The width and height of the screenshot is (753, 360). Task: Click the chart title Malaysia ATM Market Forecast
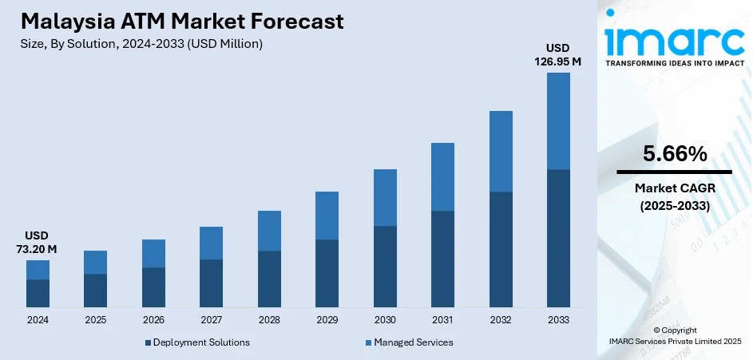tap(183, 21)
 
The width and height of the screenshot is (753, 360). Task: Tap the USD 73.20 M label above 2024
tap(37, 243)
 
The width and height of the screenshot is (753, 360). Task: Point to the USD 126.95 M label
tap(558, 55)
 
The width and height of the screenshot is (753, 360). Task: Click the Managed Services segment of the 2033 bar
tap(558, 121)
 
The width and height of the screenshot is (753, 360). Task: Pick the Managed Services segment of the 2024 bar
tap(38, 270)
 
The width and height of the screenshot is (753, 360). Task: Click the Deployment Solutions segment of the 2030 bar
tap(385, 266)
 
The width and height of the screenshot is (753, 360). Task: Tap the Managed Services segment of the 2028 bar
tap(269, 231)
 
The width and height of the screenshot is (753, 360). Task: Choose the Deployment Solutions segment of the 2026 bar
tap(153, 287)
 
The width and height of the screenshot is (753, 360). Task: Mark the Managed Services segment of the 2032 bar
tap(501, 151)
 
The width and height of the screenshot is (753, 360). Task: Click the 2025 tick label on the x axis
tap(95, 319)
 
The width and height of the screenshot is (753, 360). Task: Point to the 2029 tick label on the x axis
tap(327, 319)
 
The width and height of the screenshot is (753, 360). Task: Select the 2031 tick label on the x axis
tap(442, 319)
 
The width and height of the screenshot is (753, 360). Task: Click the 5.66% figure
tap(674, 154)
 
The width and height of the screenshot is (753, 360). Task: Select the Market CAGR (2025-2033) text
tap(674, 196)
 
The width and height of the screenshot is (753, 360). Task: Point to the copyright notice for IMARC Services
tap(674, 335)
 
